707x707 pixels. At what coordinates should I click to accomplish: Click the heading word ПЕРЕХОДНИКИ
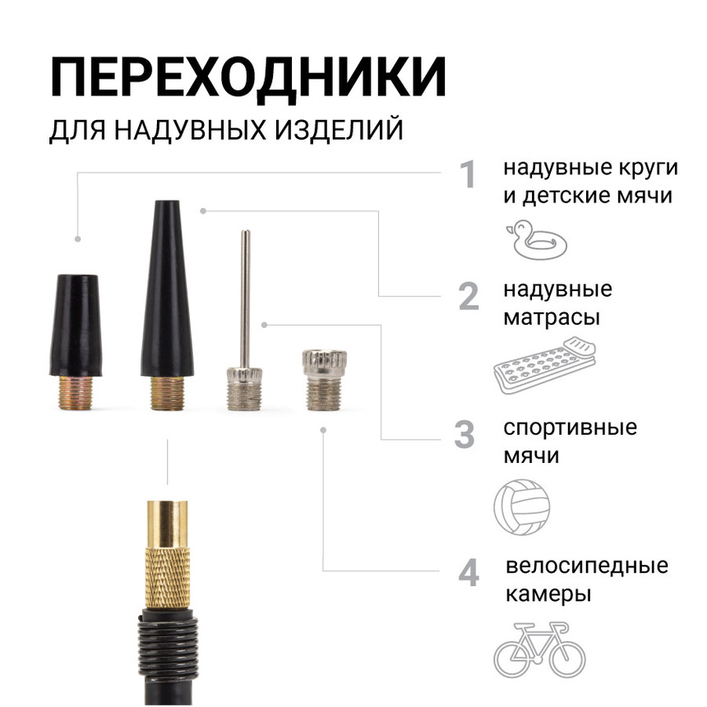point(248,79)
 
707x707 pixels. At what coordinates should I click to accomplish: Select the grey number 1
point(468,175)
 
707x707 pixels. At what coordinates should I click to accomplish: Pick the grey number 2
point(468,296)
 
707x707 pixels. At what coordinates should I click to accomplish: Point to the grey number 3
point(465,434)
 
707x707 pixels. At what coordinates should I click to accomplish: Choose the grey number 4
point(468,573)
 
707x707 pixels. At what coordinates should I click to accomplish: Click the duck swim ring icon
point(536,238)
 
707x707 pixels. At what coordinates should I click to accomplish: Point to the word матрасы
point(551,317)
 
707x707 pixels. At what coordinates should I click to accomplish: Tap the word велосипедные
point(586,566)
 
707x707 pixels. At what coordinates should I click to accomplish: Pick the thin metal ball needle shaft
point(244,296)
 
